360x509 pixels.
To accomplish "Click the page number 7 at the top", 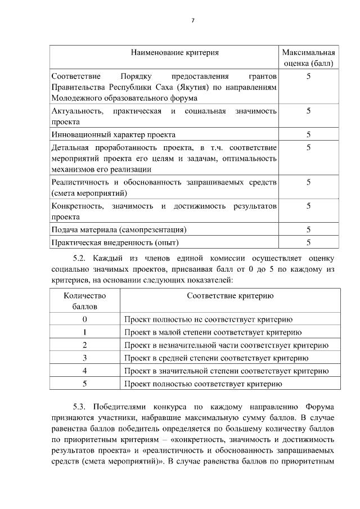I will pyautogui.click(x=192, y=20).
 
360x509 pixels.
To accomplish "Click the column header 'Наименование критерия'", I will pyautogui.click(x=174, y=53).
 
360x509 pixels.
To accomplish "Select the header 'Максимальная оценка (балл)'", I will pyautogui.click(x=308, y=58).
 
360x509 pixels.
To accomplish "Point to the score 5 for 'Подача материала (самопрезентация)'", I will pyautogui.click(x=308, y=229).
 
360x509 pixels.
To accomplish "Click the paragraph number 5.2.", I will pyautogui.click(x=83, y=259).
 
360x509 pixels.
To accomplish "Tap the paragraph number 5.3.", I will pyautogui.click(x=83, y=407).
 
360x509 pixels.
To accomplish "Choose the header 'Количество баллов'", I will pyautogui.click(x=84, y=301).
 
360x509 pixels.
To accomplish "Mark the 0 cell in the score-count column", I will pyautogui.click(x=84, y=319).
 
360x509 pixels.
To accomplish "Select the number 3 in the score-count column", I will pyautogui.click(x=84, y=358).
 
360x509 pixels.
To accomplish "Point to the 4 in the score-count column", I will pyautogui.click(x=84, y=371).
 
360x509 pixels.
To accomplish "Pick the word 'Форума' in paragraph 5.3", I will pyautogui.click(x=321, y=407).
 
